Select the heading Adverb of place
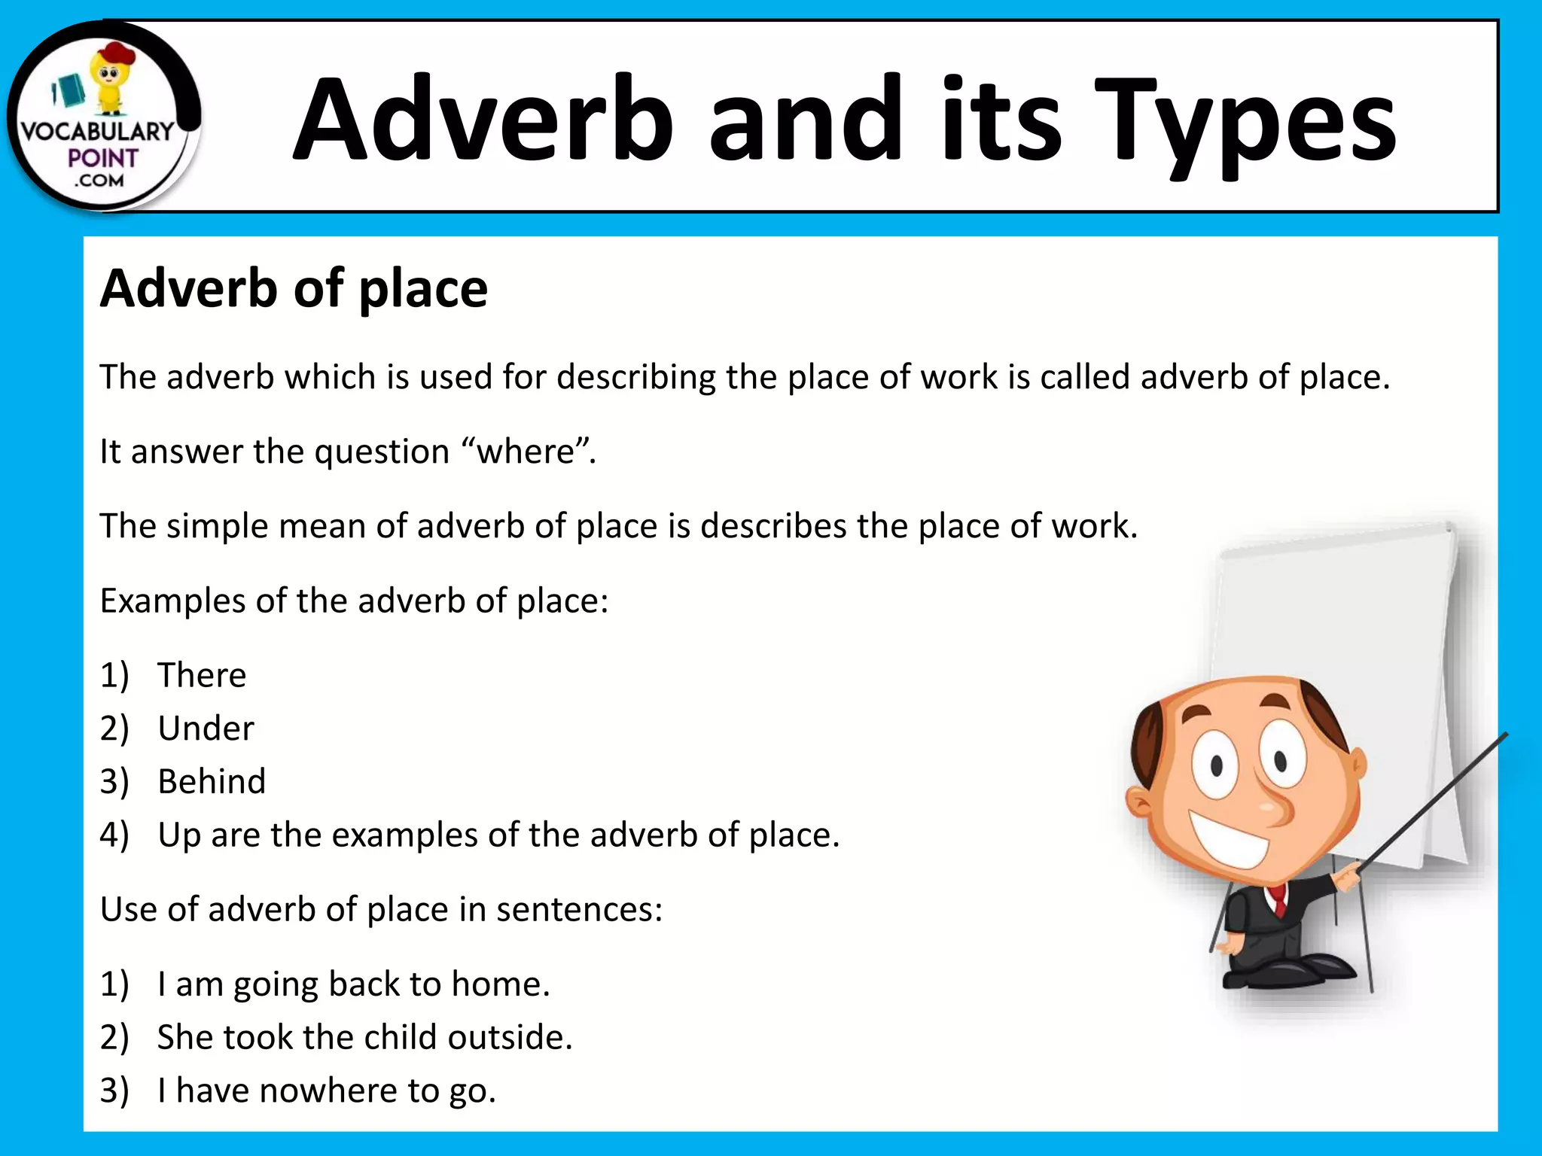click(294, 289)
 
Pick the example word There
click(202, 675)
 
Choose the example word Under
click(206, 729)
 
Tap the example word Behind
click(212, 782)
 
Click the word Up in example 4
click(179, 835)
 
